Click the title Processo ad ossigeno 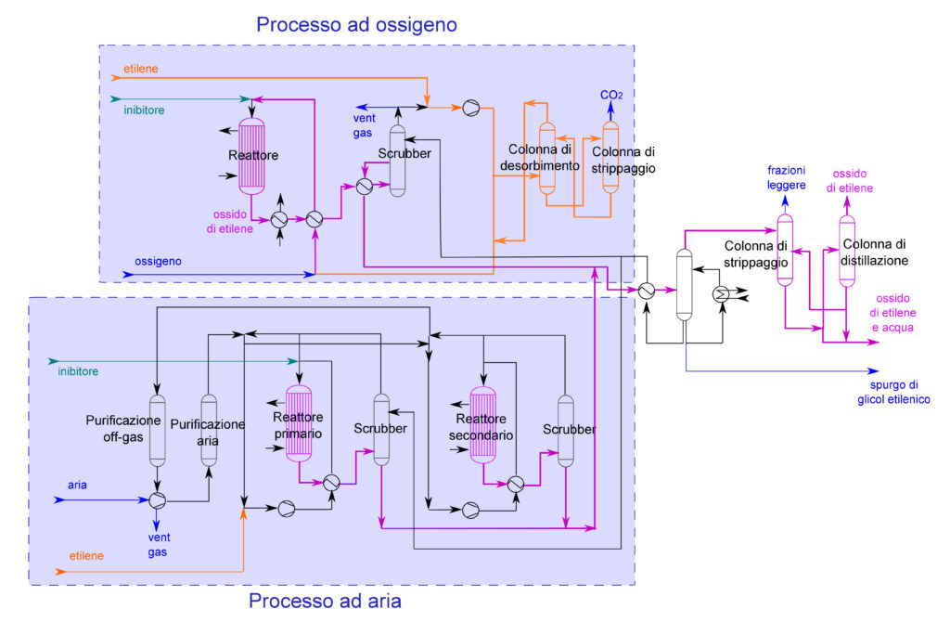click(x=356, y=24)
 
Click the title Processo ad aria click(x=325, y=601)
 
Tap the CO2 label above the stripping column click(x=611, y=95)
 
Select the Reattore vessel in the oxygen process click(x=252, y=156)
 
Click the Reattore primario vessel click(x=299, y=423)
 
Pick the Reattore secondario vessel click(x=482, y=425)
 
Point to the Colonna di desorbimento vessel click(x=547, y=158)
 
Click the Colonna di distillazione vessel click(x=847, y=251)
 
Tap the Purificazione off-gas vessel click(x=158, y=431)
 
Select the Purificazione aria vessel click(x=209, y=431)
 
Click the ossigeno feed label click(x=158, y=261)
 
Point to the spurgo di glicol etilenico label click(x=893, y=393)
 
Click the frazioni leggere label click(x=787, y=177)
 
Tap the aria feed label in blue click(x=77, y=485)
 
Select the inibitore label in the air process click(x=78, y=371)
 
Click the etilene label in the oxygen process click(x=141, y=69)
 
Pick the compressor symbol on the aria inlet click(x=158, y=500)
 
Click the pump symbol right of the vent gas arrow click(x=470, y=108)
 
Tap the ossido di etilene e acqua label click(x=892, y=313)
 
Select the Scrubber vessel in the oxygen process click(x=397, y=161)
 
